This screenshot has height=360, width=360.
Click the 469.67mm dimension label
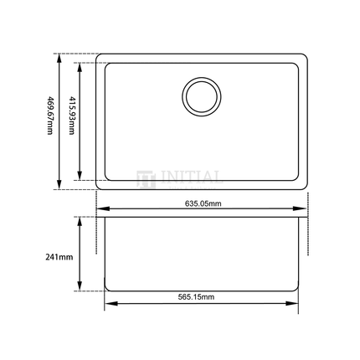(49, 122)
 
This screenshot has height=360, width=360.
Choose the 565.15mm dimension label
(202, 298)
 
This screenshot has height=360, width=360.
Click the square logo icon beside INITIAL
(142, 177)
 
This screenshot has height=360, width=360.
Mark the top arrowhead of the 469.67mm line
(59, 57)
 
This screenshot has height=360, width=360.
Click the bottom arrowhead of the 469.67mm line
(59, 186)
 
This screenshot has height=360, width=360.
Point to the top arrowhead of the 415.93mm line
(81, 64)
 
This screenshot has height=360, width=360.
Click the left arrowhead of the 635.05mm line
(99, 209)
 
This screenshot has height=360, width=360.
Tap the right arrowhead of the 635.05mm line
(305, 209)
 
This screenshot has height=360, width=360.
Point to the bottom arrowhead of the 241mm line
(80, 289)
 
